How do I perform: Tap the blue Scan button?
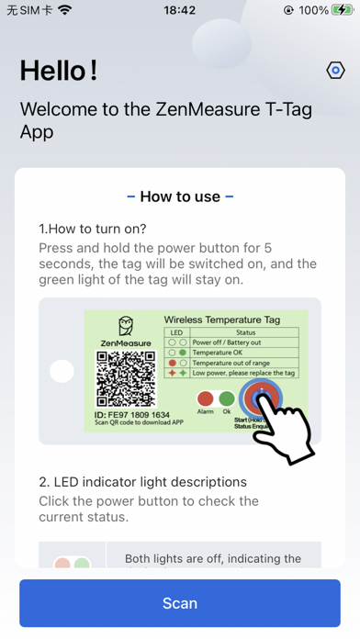click(180, 603)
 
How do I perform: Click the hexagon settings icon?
click(335, 71)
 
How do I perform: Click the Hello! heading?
click(59, 71)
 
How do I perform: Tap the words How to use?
click(180, 196)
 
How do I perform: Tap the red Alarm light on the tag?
click(205, 399)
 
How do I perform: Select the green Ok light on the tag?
click(227, 399)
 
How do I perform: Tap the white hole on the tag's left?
click(62, 371)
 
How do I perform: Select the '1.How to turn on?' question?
click(93, 229)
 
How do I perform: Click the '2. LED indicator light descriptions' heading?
click(142, 482)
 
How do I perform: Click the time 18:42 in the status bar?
click(180, 10)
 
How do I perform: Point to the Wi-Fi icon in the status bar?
click(64, 10)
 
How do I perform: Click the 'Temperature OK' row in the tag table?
click(226, 352)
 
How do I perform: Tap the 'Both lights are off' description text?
click(213, 558)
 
